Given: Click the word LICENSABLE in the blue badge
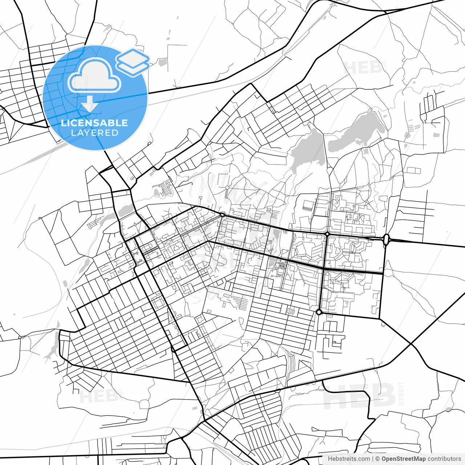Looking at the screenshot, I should click(x=94, y=123).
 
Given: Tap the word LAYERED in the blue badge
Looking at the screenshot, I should click(x=94, y=133).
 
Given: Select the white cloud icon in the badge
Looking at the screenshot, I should click(x=94, y=77).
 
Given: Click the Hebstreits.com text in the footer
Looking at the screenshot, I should click(x=349, y=459).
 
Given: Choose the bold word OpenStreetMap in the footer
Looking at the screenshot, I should click(x=403, y=459).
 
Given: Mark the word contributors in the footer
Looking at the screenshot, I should click(x=444, y=459).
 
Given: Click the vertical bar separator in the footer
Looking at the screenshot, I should click(x=373, y=459).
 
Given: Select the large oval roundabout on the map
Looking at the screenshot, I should click(x=386, y=239).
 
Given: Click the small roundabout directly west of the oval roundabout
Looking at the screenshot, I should click(x=327, y=234).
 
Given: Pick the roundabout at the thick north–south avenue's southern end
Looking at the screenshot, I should click(x=319, y=312).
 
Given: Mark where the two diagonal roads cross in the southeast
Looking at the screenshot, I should click(x=411, y=343).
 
